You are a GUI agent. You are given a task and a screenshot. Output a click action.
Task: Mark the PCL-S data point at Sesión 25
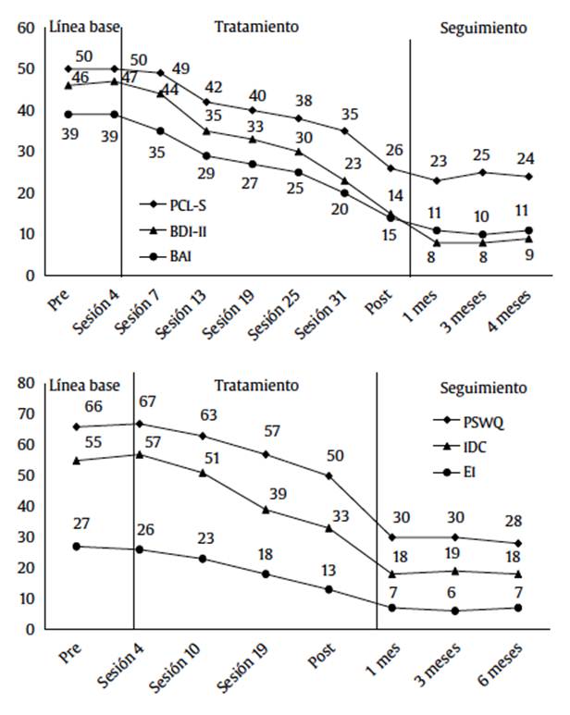298,118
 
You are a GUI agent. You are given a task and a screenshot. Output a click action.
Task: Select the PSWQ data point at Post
329,475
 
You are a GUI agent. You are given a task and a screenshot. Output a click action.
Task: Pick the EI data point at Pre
75,546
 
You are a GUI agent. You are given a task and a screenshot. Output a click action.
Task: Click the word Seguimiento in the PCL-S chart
483,27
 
